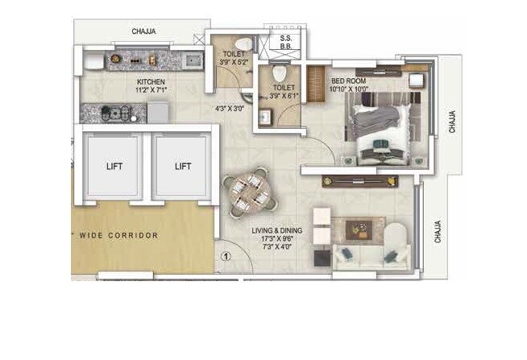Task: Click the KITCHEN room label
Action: (151, 82)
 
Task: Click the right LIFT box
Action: (183, 167)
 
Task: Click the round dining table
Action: (251, 194)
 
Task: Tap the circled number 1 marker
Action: (227, 257)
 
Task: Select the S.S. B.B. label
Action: (286, 42)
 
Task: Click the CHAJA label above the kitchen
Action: (144, 32)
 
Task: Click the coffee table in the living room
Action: (359, 230)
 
